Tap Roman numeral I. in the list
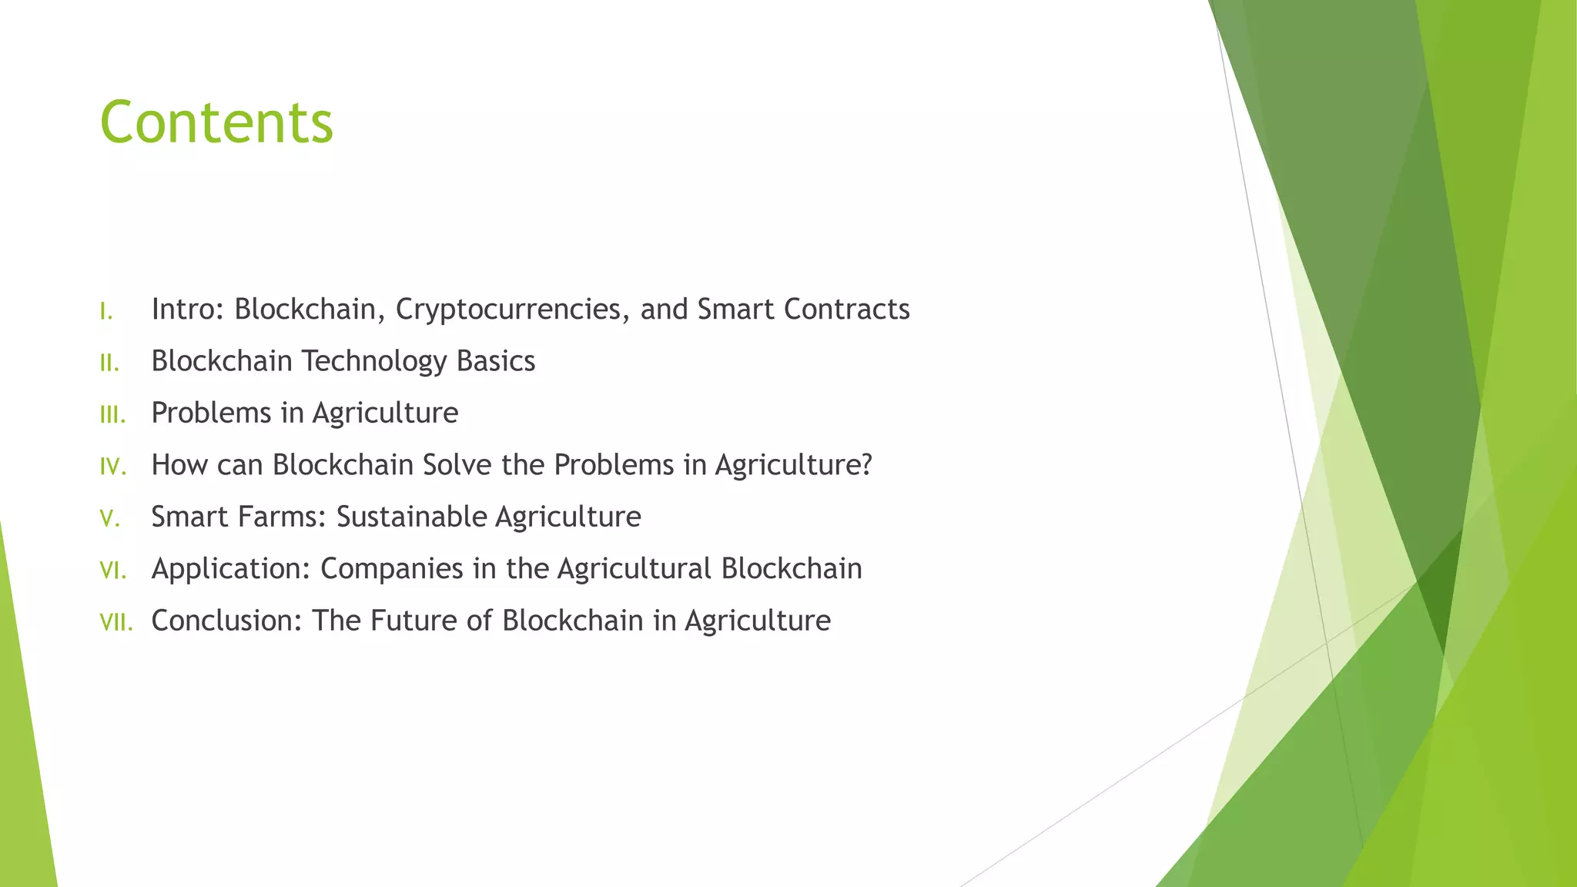pyautogui.click(x=106, y=312)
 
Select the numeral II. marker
pyautogui.click(x=109, y=363)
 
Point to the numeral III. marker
pyautogui.click(x=112, y=416)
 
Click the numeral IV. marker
pyautogui.click(x=112, y=467)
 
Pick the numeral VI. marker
pyautogui.click(x=112, y=571)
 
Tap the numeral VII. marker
pyautogui.click(x=116, y=623)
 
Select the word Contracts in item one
pyautogui.click(x=846, y=310)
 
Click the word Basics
pyautogui.click(x=495, y=361)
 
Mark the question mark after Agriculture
pyautogui.click(x=866, y=465)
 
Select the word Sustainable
pyautogui.click(x=412, y=517)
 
